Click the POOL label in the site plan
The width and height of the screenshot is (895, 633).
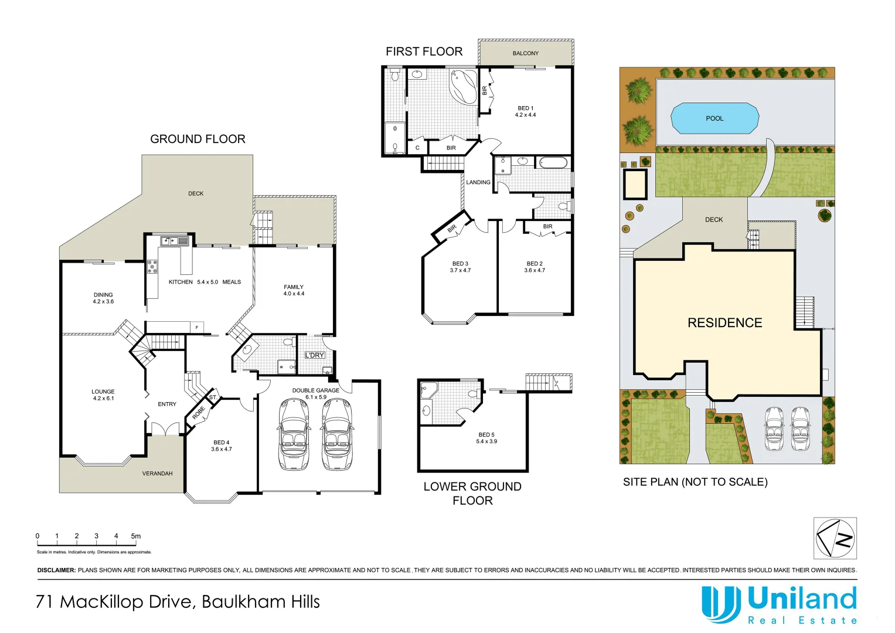714,118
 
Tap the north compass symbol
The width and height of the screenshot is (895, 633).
835,538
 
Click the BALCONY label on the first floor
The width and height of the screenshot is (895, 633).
525,53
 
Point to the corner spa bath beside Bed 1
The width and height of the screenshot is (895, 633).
464,86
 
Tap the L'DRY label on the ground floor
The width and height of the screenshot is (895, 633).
315,355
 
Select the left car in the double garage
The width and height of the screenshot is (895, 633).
294,434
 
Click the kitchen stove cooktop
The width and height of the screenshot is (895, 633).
152,267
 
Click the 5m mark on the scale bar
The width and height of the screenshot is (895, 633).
136,536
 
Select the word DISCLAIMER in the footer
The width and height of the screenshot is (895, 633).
56,570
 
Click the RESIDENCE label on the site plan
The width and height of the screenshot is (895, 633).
724,323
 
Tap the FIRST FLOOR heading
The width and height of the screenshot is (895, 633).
424,52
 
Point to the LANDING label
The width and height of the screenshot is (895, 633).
478,182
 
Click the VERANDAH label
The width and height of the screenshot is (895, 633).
157,474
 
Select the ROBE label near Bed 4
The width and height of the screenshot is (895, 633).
199,413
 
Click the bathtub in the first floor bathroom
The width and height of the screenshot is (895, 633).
553,162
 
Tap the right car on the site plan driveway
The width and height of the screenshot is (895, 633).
800,428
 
